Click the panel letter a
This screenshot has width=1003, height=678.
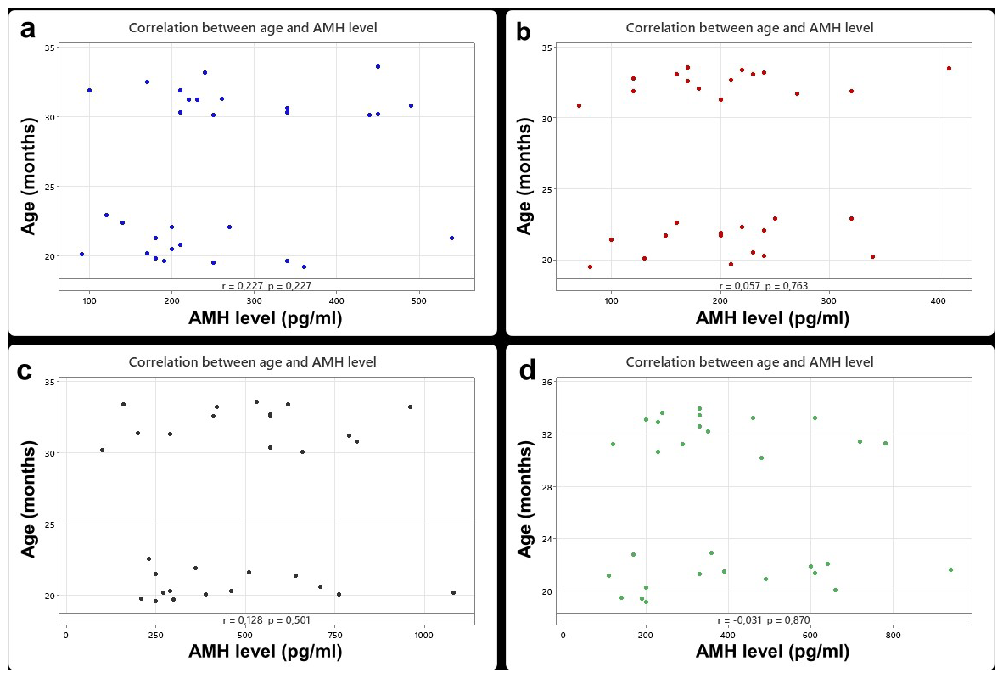pyautogui.click(x=28, y=30)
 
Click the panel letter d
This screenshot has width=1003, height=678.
pyautogui.click(x=526, y=372)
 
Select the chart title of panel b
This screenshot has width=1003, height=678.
pyautogui.click(x=749, y=28)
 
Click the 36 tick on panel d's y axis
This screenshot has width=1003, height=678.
pyautogui.click(x=548, y=383)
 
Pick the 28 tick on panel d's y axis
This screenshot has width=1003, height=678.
pyautogui.click(x=548, y=487)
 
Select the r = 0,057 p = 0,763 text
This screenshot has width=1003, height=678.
pyautogui.click(x=764, y=286)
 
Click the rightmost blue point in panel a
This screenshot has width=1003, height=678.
pyautogui.click(x=451, y=238)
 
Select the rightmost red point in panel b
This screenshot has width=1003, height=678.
pyautogui.click(x=949, y=68)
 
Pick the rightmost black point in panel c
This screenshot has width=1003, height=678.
pyautogui.click(x=453, y=592)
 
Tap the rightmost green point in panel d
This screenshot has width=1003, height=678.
pyautogui.click(x=950, y=569)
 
